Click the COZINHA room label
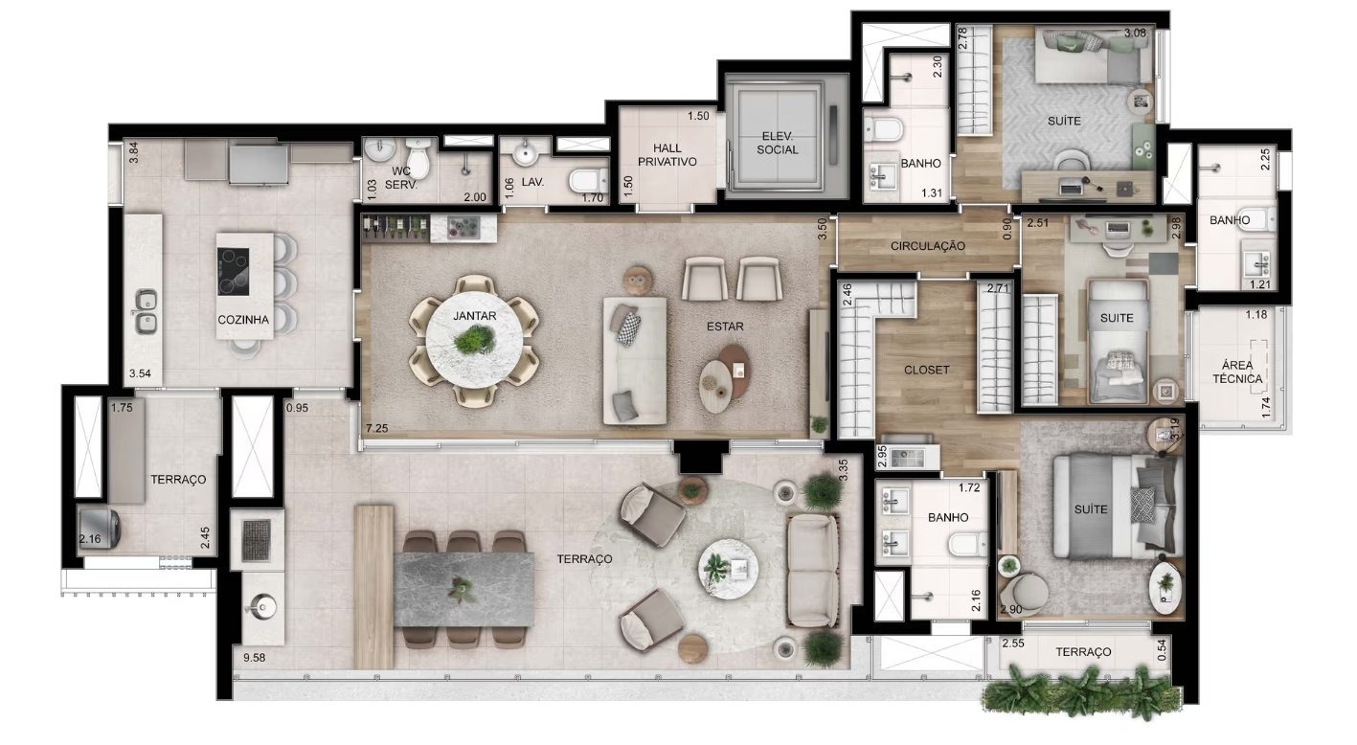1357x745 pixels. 243,320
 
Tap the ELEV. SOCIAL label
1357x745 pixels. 778,143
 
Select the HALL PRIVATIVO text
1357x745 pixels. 667,155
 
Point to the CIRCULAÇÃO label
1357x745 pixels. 927,246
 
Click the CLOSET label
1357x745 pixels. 926,370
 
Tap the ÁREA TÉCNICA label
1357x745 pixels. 1237,372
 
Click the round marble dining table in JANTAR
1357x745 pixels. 474,339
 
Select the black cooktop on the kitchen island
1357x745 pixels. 234,271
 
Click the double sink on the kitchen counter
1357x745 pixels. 146,312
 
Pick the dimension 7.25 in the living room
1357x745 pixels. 376,429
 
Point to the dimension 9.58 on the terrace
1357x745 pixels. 255,658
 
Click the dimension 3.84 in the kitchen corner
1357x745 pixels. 134,152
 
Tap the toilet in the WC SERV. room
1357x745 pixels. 418,157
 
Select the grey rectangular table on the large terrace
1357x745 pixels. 464,589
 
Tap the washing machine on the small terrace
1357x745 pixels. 100,529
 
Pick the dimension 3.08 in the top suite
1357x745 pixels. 1135,34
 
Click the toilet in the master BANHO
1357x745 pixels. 968,545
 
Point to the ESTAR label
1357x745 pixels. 725,327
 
